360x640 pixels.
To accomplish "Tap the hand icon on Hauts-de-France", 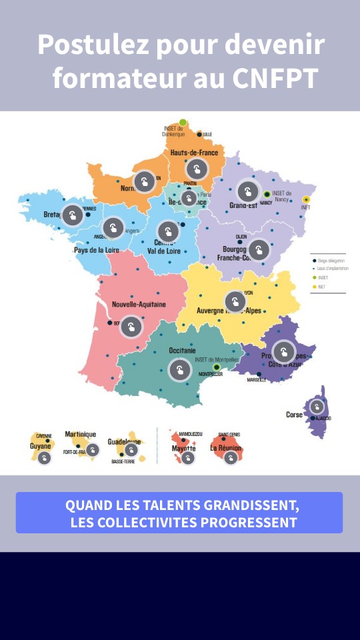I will [196, 170].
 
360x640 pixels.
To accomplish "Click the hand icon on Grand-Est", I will [248, 192].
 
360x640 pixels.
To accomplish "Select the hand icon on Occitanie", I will [180, 369].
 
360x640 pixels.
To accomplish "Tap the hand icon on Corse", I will [317, 407].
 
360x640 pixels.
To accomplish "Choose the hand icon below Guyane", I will [44, 458].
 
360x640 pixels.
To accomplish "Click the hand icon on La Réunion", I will [231, 458].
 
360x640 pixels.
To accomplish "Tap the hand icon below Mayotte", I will [188, 458].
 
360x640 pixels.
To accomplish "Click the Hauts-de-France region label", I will [194, 153].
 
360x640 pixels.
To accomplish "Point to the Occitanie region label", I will [182, 351].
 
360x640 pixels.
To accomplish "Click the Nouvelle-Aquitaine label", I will [139, 305].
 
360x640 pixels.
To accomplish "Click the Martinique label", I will [81, 435].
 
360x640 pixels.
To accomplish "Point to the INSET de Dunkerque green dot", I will [183, 122].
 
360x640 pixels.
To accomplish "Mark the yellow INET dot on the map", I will [306, 199].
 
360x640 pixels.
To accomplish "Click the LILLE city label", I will [207, 135].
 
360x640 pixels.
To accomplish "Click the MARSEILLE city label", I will [257, 380].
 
